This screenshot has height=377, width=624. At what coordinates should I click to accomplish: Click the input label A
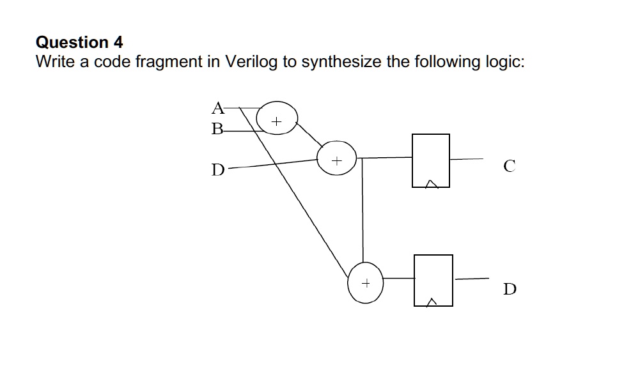pos(218,107)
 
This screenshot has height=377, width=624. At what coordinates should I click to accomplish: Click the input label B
pos(218,129)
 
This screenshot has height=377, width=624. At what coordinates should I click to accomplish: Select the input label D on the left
pos(218,170)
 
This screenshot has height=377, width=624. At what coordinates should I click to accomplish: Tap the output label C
pos(508,167)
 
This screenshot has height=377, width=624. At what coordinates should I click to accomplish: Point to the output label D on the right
pos(510,289)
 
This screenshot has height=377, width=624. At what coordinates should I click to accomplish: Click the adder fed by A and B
pos(277,119)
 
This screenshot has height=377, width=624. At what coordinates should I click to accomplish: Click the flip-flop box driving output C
pos(430,160)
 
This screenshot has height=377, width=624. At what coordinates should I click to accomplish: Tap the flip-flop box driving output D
pos(433,280)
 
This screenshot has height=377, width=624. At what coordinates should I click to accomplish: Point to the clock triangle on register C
pos(432,184)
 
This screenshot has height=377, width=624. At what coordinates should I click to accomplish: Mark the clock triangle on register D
pos(433,302)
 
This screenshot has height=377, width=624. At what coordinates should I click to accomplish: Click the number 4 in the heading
pos(118,42)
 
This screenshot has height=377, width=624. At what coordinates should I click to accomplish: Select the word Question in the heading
pos(72,43)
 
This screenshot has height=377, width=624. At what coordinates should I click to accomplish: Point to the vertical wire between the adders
pos(363,211)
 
